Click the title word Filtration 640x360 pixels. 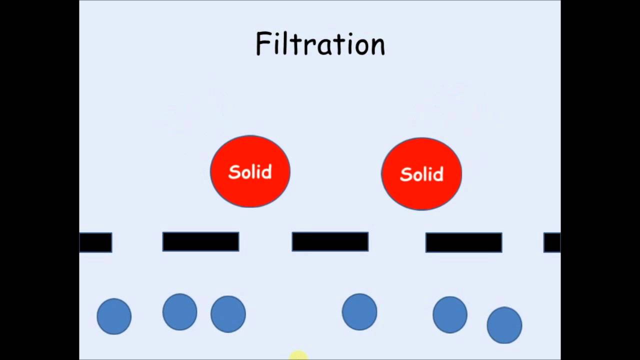[320, 44]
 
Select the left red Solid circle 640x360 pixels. [250, 171]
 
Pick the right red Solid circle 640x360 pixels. [421, 173]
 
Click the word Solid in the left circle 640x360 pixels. [250, 172]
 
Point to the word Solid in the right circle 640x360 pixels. [421, 174]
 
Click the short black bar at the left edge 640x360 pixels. [95, 242]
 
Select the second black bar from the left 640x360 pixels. [200, 241]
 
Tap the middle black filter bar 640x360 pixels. [330, 241]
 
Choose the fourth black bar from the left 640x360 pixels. [463, 242]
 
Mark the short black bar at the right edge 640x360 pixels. [552, 242]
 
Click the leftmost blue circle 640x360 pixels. [114, 316]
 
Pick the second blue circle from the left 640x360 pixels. [179, 312]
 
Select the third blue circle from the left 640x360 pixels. [228, 314]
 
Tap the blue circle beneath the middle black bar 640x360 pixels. [359, 312]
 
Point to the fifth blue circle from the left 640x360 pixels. [450, 314]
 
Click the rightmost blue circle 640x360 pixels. [504, 325]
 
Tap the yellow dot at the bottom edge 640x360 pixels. [298, 355]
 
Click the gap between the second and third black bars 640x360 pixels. [265, 242]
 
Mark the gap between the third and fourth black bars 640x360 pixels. [397, 242]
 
